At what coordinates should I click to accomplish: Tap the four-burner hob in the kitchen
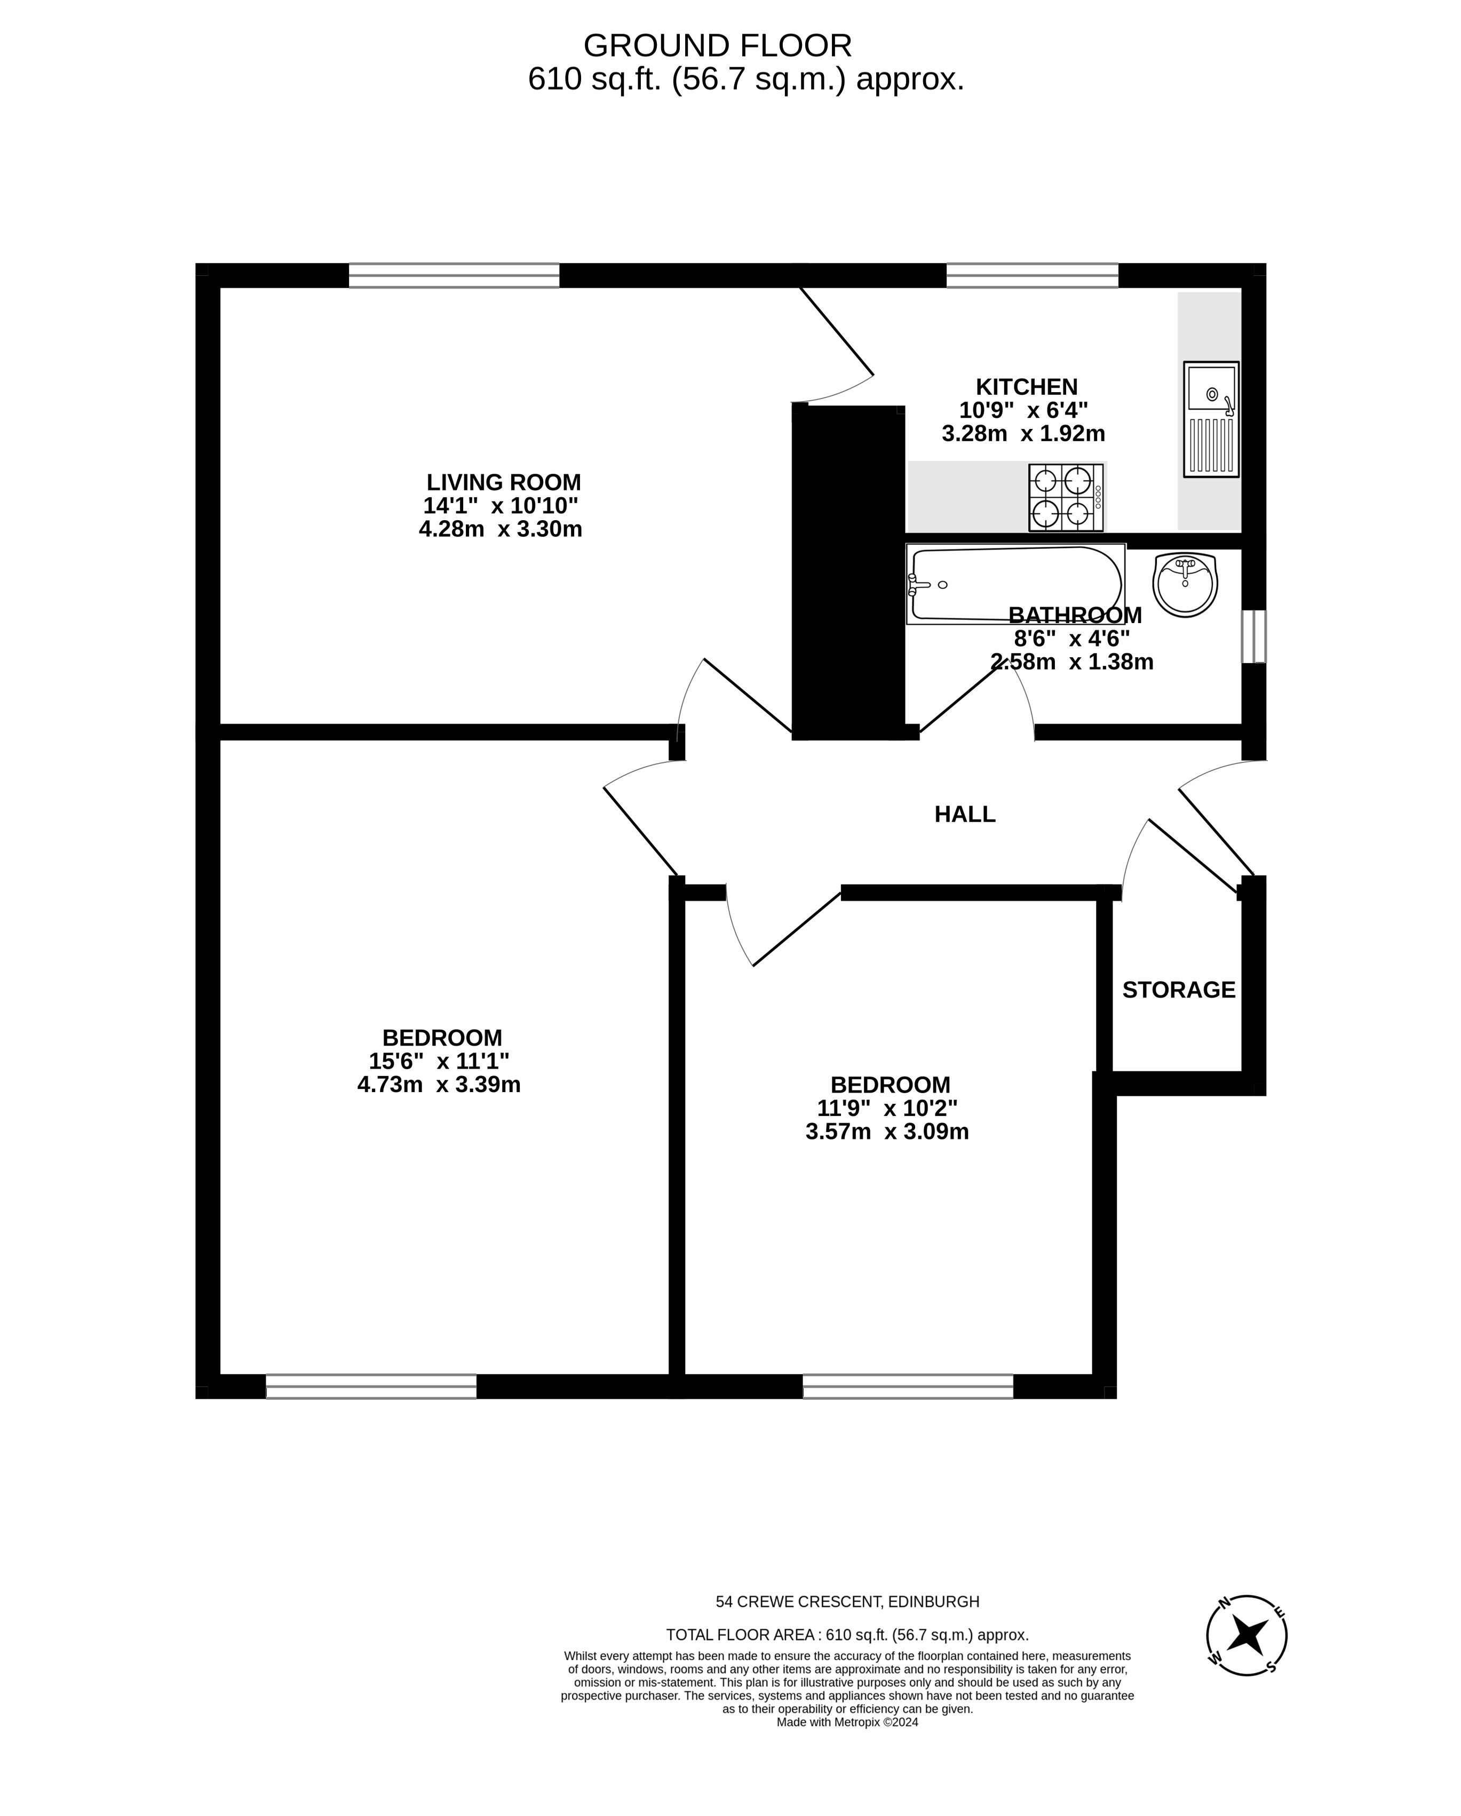pyautogui.click(x=1065, y=497)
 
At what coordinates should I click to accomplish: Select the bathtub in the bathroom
pyautogui.click(x=1015, y=584)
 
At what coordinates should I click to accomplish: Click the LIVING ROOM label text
pyautogui.click(x=503, y=483)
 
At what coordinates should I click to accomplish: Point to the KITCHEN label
pyautogui.click(x=1026, y=387)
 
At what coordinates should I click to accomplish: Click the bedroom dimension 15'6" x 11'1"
pyautogui.click(x=439, y=1061)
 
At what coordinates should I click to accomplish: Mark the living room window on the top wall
pyautogui.click(x=454, y=275)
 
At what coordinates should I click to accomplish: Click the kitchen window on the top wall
pyautogui.click(x=1032, y=275)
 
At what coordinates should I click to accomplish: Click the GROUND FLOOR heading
pyautogui.click(x=717, y=45)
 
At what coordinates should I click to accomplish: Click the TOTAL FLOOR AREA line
pyautogui.click(x=847, y=1635)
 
